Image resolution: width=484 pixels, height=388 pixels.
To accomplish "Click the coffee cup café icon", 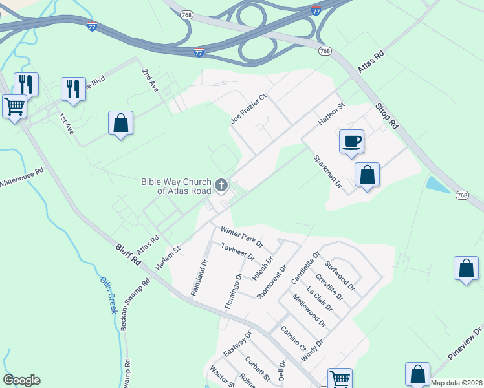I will tap(351, 142).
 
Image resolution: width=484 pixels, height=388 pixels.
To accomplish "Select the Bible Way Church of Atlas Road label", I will tap(177, 187).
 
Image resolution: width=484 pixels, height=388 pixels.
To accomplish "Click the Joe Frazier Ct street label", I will tap(249, 109).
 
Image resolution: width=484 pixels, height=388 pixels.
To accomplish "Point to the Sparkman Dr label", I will tap(327, 171).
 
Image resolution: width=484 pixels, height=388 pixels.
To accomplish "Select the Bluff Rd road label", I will tap(128, 255).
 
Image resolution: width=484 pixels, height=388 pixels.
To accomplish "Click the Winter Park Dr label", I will tap(241, 236).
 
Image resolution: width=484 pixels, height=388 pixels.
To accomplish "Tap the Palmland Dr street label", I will tap(199, 278).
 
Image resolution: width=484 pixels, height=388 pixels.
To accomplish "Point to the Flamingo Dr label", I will tap(233, 290).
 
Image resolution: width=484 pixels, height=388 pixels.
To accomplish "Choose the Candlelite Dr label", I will tap(305, 268).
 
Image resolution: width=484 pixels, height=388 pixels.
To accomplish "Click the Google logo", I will tap(21, 380).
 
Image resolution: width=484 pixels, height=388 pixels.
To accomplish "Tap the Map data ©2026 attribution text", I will tap(457, 383).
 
